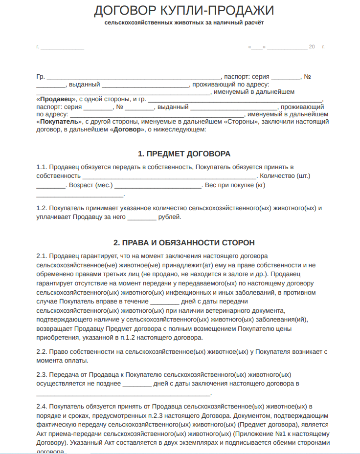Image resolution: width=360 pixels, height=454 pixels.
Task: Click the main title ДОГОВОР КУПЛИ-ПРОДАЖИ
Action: pyautogui.click(x=183, y=10)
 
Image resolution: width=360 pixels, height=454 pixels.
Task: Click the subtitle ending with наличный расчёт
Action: pyautogui.click(x=183, y=23)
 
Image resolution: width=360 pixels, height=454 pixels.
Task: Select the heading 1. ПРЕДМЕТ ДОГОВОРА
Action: pyautogui.click(x=183, y=154)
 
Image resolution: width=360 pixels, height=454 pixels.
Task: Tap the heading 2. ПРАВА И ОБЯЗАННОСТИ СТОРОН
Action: pyautogui.click(x=183, y=242)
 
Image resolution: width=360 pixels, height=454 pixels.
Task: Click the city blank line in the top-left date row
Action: pyautogui.click(x=62, y=47)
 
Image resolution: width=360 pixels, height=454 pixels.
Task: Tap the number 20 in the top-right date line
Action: pyautogui.click(x=312, y=47)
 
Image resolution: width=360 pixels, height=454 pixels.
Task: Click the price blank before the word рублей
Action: pyautogui.click(x=142, y=217)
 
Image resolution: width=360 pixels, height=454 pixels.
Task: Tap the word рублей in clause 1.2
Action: pyautogui.click(x=170, y=217)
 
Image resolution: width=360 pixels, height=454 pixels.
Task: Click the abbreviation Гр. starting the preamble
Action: pyautogui.click(x=40, y=77)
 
